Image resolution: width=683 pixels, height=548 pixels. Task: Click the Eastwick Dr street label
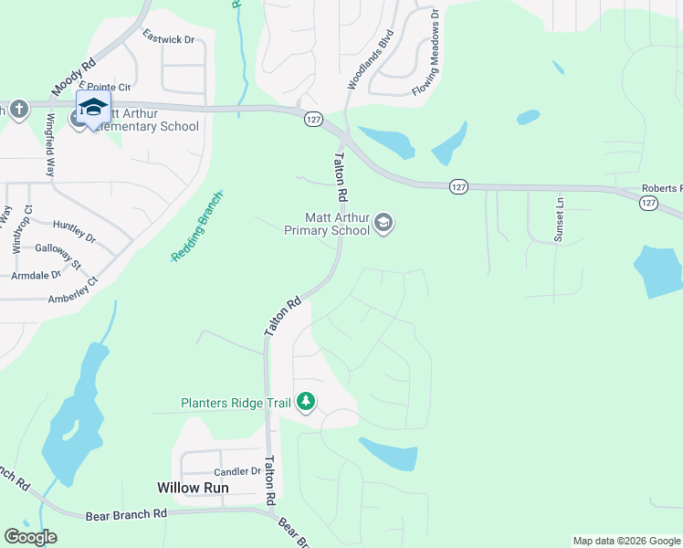170,39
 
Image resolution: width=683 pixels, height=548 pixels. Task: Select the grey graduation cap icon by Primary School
384,223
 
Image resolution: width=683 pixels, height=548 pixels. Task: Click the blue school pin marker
93,108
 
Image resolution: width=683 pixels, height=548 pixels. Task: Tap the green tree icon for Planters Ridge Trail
307,402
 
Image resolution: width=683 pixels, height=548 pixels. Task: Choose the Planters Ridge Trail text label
235,402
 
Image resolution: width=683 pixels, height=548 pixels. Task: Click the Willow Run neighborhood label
193,488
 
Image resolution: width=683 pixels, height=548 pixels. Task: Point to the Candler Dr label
236,472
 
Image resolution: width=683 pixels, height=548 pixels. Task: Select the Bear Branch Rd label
127,514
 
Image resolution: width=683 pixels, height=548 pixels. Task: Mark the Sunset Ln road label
559,218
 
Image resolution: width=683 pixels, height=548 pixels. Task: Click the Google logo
30,537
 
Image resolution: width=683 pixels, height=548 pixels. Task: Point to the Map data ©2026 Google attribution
626,541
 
